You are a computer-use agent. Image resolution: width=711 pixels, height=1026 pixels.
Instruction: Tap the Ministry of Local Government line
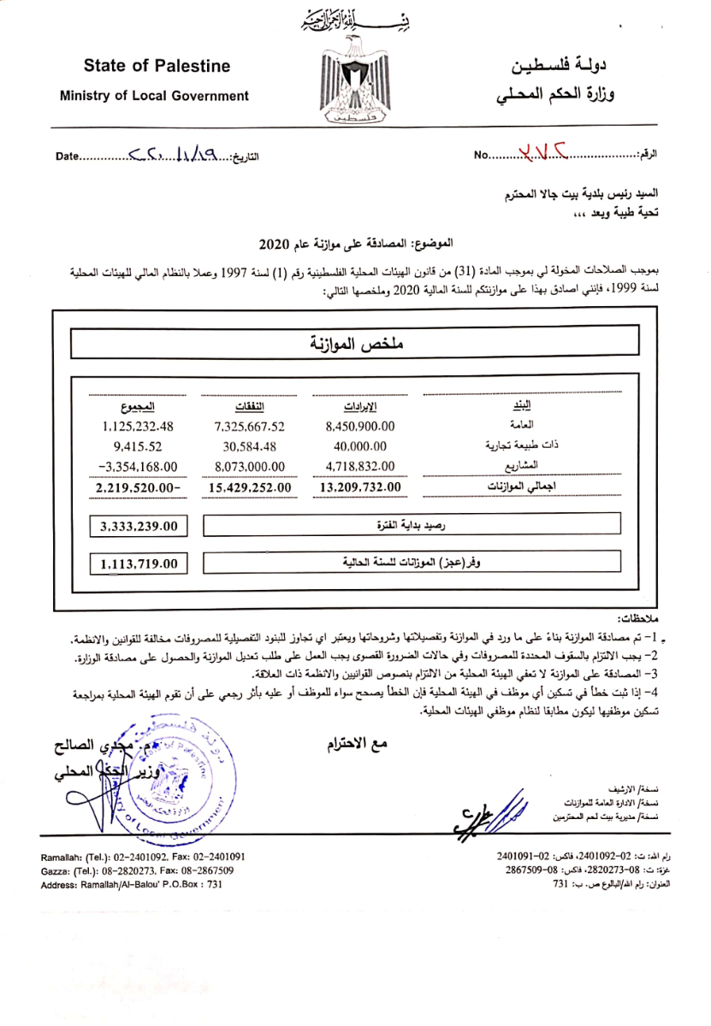154,96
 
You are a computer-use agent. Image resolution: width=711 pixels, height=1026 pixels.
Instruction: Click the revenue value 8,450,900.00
359,426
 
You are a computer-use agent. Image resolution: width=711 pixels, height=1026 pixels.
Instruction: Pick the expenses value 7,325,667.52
250,426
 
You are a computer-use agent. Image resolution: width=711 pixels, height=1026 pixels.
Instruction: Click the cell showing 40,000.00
359,445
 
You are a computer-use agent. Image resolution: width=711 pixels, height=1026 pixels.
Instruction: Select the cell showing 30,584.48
250,445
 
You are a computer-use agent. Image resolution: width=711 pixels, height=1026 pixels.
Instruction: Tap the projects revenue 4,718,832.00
359,466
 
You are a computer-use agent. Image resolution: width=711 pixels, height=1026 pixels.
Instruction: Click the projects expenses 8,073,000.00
250,466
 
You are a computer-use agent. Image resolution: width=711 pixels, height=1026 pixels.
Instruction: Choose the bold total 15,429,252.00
250,488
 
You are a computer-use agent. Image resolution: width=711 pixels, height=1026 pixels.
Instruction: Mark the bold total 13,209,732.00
359,488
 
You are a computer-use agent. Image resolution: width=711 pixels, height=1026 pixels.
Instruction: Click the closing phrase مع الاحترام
357,744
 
